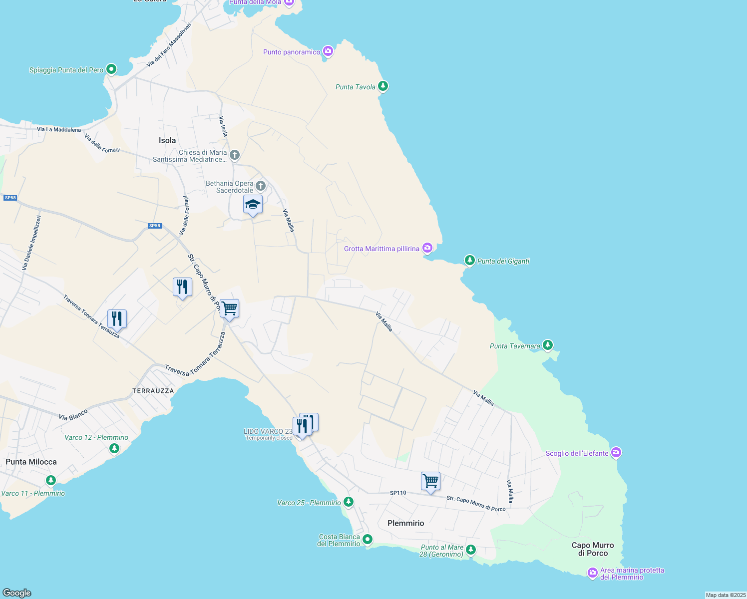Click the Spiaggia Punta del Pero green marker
(x=111, y=69)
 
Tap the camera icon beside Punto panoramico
(x=328, y=51)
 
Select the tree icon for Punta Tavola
(x=383, y=86)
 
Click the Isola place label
(x=167, y=140)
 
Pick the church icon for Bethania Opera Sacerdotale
(x=260, y=186)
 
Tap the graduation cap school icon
(x=253, y=205)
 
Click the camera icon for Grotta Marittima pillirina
(x=427, y=248)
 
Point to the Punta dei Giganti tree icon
(x=469, y=260)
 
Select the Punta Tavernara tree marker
(x=548, y=345)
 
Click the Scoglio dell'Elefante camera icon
(x=616, y=453)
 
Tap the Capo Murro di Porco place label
(x=593, y=549)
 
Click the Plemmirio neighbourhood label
(x=405, y=523)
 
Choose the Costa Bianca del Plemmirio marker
(x=368, y=539)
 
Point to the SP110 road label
(x=398, y=493)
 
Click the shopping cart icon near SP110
(x=430, y=481)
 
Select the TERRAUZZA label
(x=153, y=391)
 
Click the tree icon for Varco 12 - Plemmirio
(x=114, y=448)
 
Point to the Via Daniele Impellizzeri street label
(x=31, y=243)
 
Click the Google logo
(x=17, y=593)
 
